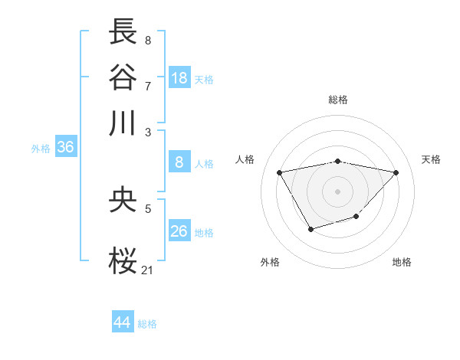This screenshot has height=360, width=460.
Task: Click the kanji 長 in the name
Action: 123,32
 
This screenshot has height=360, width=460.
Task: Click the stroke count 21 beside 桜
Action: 148,270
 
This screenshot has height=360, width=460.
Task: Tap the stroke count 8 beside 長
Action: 147,40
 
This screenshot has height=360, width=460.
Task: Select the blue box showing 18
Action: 179,78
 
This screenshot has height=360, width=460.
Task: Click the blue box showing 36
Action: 65,147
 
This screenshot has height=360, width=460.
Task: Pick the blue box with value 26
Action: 179,231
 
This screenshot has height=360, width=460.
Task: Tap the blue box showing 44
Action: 123,322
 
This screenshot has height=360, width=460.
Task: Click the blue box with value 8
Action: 179,162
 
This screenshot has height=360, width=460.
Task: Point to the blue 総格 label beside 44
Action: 148,324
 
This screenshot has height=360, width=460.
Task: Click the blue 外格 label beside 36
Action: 41,149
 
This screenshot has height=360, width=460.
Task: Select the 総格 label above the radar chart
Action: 338,100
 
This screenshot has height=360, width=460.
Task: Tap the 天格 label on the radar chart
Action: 432,159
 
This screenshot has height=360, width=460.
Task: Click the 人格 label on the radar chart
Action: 245,159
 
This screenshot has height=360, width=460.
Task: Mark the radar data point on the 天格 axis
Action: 396,172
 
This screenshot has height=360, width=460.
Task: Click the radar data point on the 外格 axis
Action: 310,229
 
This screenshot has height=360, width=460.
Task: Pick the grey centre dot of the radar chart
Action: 338,191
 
